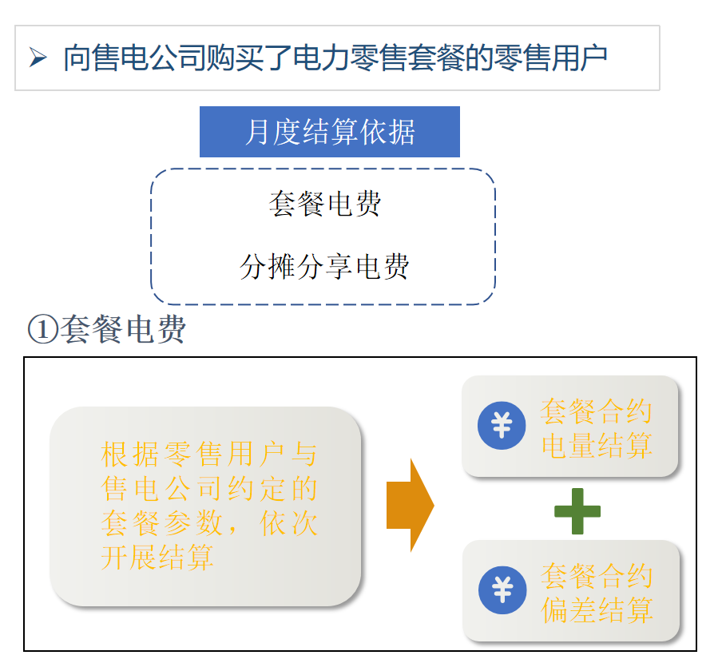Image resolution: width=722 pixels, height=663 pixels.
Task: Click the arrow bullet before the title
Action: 38,58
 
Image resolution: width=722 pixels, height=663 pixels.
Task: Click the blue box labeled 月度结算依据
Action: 329,132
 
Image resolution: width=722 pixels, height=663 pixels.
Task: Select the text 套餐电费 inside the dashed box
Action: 324,204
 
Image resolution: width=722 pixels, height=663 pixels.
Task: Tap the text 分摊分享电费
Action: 324,267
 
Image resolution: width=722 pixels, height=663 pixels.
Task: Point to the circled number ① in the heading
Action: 42,330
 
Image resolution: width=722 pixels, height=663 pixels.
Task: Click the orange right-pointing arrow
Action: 410,505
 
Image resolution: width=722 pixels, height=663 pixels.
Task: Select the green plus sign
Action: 577,511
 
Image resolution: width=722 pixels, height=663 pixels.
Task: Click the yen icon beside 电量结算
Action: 501,425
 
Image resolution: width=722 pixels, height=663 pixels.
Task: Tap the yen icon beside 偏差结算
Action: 502,590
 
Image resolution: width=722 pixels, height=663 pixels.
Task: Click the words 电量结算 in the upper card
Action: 596,446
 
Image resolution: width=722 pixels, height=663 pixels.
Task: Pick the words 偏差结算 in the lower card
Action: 596,610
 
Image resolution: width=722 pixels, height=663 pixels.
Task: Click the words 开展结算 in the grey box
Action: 157,558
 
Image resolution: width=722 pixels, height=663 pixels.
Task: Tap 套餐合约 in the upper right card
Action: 596,411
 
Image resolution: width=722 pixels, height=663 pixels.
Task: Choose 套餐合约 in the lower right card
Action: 596,576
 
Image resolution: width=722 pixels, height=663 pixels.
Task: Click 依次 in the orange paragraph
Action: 289,523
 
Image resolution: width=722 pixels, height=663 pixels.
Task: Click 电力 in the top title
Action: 317,58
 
